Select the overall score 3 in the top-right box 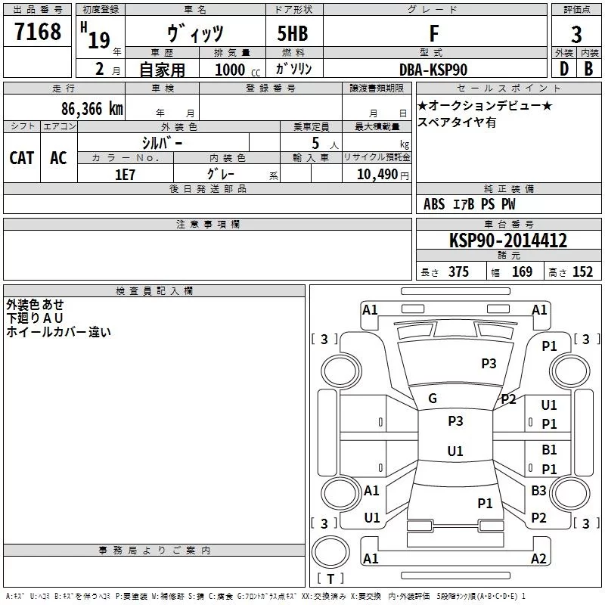pyautogui.click(x=576, y=34)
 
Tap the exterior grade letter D pyautogui.click(x=563, y=69)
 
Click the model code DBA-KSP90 pyautogui.click(x=433, y=70)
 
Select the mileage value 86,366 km pyautogui.click(x=92, y=108)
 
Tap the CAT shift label pyautogui.click(x=22, y=157)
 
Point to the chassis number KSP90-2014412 pyautogui.click(x=507, y=241)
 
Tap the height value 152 pyautogui.click(x=582, y=272)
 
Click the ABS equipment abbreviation pyautogui.click(x=434, y=204)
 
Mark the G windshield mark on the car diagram pyautogui.click(x=433, y=399)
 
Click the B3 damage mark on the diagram pyautogui.click(x=538, y=491)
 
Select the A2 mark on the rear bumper pyautogui.click(x=538, y=559)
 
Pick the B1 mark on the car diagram pyautogui.click(x=549, y=450)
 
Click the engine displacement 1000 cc pyautogui.click(x=234, y=70)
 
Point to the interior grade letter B pyautogui.click(x=588, y=69)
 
